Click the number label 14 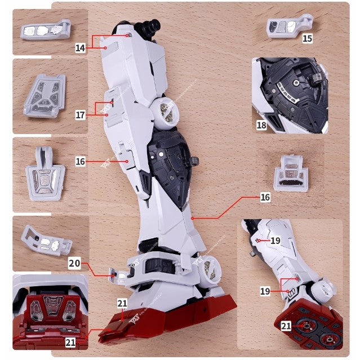80,48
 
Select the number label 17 81,114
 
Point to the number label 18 261,125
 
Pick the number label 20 75,263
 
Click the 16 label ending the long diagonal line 265,198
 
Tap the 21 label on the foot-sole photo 287,326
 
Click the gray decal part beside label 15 286,26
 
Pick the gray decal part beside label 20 47,240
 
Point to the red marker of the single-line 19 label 258,240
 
